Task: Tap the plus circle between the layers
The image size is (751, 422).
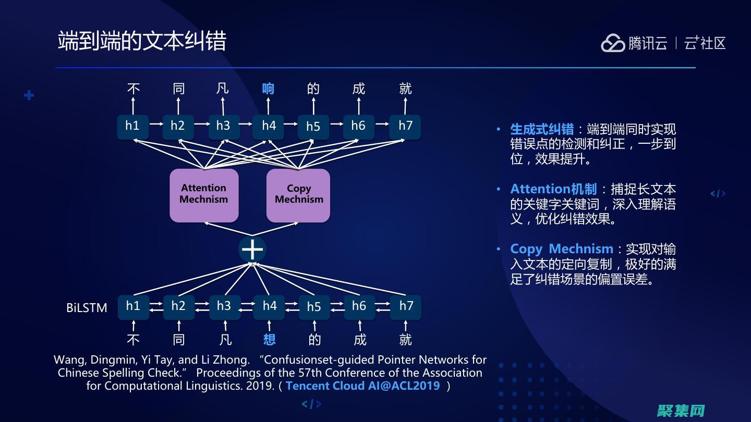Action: pyautogui.click(x=252, y=249)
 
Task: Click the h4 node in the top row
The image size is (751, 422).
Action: pyautogui.click(x=269, y=126)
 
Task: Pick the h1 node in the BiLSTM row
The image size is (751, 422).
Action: pyautogui.click(x=133, y=306)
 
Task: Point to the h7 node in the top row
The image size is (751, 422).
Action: pyautogui.click(x=405, y=126)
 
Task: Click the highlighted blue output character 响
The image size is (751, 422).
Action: pyautogui.click(x=268, y=89)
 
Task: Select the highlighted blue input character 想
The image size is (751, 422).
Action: pyautogui.click(x=269, y=340)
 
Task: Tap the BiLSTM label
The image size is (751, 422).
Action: pyautogui.click(x=87, y=308)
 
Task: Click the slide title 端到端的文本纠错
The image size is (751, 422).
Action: pyautogui.click(x=142, y=41)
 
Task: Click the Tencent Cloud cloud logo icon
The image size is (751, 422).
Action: pyautogui.click(x=613, y=43)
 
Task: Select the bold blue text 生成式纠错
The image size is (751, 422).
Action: pyautogui.click(x=542, y=129)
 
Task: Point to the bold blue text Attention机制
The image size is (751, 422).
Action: pyautogui.click(x=553, y=189)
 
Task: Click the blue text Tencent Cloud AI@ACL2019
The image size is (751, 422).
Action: pyautogui.click(x=362, y=386)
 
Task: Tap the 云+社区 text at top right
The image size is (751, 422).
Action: pyautogui.click(x=705, y=43)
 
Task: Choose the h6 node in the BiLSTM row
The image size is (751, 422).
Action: pyautogui.click(x=359, y=306)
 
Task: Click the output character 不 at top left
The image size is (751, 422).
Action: pyautogui.click(x=134, y=89)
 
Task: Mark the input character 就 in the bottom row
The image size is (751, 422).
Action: pyautogui.click(x=405, y=340)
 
